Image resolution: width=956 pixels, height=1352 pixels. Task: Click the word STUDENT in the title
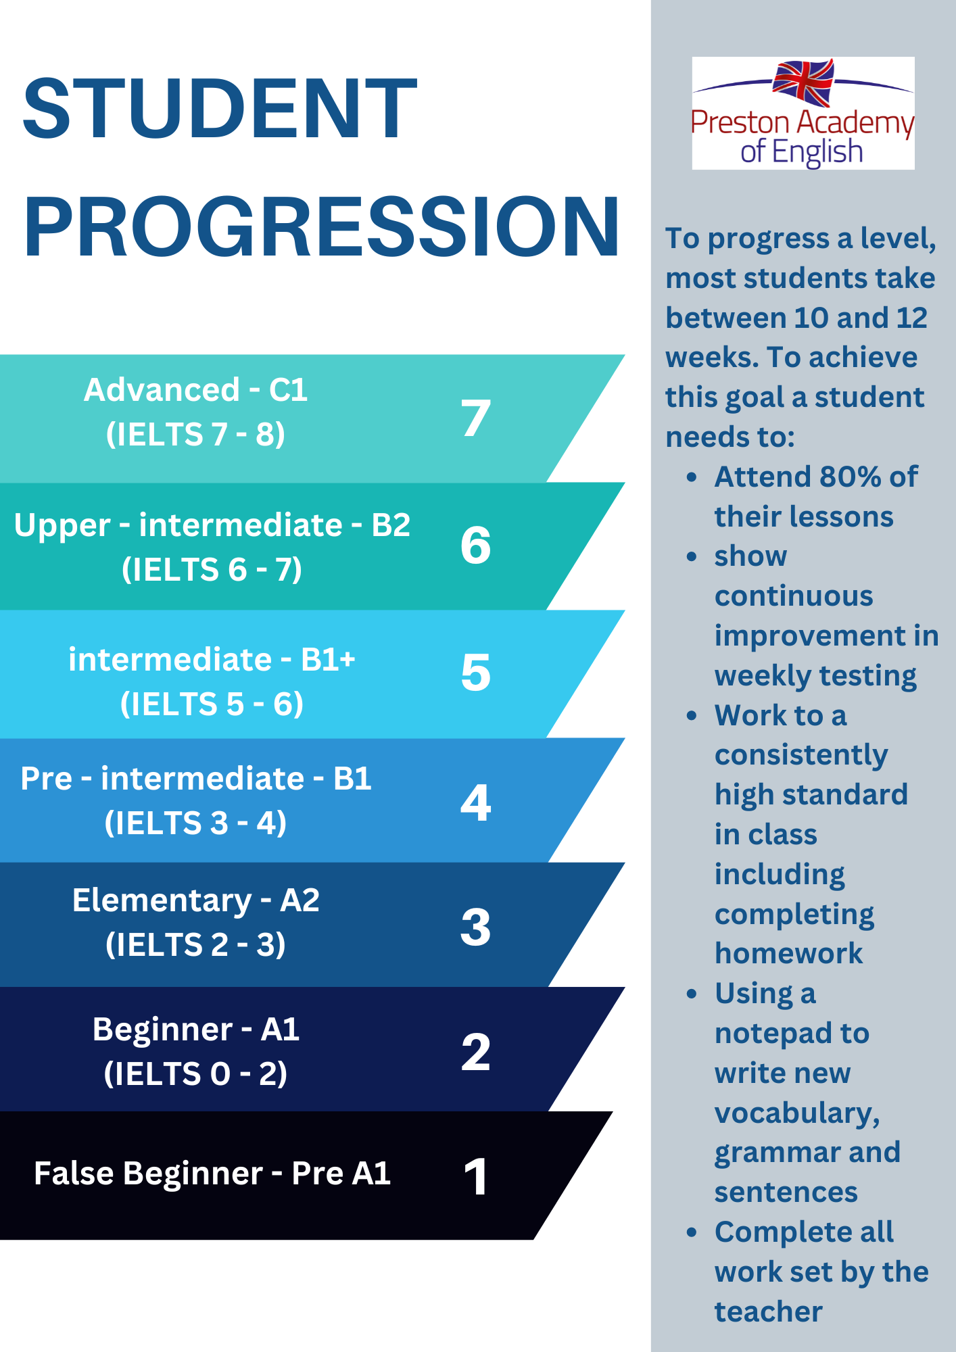[220, 108]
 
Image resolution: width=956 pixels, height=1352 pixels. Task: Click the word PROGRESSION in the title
[322, 226]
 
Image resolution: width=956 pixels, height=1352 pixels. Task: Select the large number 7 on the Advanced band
[476, 417]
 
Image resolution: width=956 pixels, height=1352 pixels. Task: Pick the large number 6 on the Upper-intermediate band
[476, 545]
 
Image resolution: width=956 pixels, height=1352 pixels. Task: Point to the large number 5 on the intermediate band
[476, 673]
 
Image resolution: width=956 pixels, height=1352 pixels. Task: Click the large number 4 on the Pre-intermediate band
[476, 802]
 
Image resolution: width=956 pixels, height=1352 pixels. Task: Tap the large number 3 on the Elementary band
[476, 927]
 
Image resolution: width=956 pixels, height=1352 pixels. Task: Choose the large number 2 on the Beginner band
[476, 1052]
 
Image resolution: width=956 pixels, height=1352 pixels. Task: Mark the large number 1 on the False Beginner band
[476, 1176]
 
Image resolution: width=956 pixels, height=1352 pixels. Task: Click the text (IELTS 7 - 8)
[195, 434]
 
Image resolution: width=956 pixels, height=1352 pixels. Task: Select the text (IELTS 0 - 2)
[195, 1073]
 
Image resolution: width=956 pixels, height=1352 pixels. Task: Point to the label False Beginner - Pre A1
[212, 1174]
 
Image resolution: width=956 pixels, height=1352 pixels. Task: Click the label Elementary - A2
[195, 901]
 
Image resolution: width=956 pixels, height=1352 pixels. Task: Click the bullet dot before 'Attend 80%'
[691, 477]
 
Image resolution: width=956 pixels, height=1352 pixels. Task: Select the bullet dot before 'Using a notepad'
[691, 994]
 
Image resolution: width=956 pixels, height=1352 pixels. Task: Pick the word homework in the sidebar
[789, 953]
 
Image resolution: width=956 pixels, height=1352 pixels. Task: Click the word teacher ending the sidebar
[769, 1311]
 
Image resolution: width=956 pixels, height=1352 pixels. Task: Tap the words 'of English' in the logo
[802, 152]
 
